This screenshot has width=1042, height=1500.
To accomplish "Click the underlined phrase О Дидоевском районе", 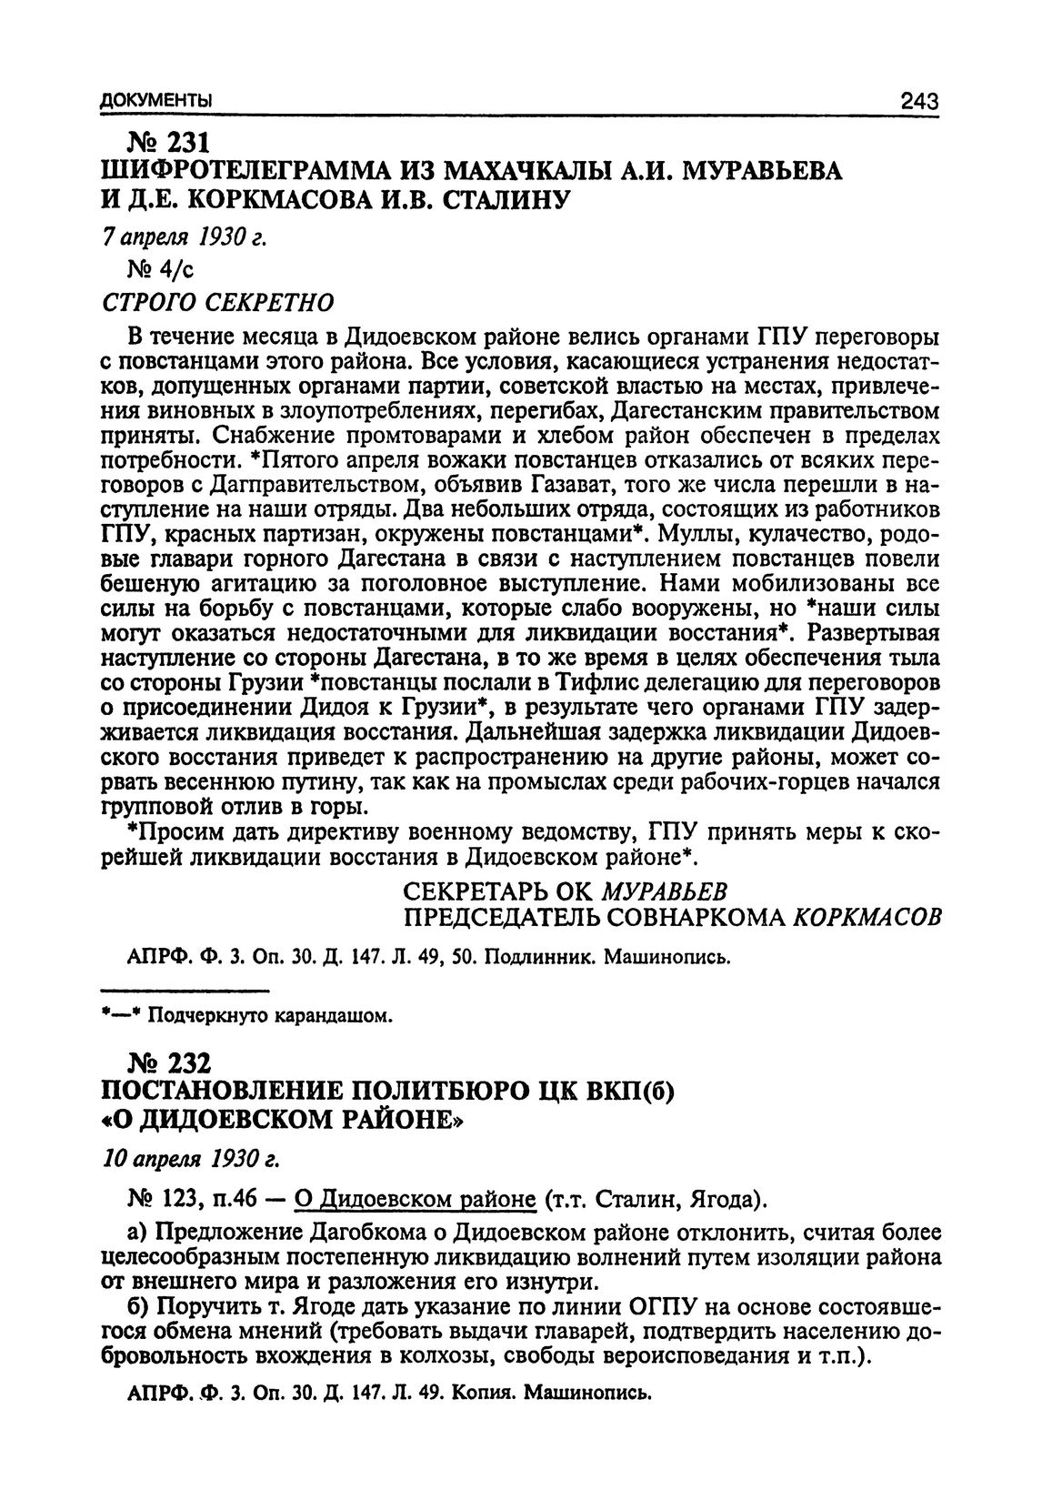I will (415, 1201).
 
